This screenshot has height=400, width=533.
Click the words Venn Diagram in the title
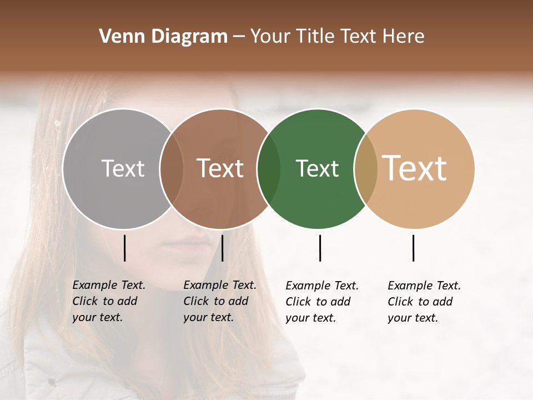pos(163,37)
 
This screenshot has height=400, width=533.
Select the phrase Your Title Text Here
pos(337,37)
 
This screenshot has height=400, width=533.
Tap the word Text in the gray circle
pos(123,168)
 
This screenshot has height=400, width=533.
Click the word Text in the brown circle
pos(220,168)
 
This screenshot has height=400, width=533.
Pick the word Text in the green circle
pos(318,168)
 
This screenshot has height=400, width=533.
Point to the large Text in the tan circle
pos(415,168)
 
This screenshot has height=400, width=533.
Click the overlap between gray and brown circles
pos(172,169)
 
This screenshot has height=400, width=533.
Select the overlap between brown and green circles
pos(269,169)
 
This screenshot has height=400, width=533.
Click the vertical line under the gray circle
pos(125,248)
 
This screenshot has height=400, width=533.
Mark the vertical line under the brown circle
pos(222,248)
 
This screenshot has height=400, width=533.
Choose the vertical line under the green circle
pos(320,248)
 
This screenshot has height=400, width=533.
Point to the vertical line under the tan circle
pos(413,248)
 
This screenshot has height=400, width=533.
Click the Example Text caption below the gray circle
pos(108,301)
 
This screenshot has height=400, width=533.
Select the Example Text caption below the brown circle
pos(219,301)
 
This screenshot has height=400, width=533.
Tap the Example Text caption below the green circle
pos(321,302)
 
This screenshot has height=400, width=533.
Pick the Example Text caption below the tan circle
pos(424,302)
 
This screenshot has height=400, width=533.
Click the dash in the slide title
pos(239,37)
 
